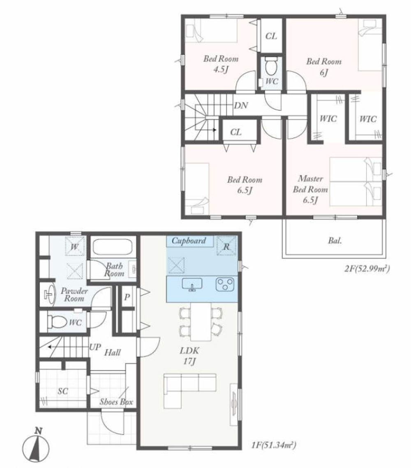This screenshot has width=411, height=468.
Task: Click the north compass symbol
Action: (36, 444)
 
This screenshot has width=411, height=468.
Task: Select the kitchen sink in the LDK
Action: (192, 284)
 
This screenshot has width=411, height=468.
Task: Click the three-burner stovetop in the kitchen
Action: (225, 284)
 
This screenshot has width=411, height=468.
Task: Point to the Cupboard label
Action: (189, 241)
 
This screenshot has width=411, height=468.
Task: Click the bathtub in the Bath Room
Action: (113, 248)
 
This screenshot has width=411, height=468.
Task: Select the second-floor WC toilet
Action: (271, 67)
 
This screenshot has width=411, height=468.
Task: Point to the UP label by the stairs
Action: (95, 347)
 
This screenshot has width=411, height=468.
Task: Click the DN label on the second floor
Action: (241, 106)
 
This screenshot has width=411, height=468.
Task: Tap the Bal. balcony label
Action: (335, 241)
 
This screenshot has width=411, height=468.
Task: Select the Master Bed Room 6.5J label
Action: (310, 189)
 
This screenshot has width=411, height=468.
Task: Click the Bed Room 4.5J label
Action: (221, 64)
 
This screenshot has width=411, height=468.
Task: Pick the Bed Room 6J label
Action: (324, 67)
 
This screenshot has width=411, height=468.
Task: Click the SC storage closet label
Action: (63, 391)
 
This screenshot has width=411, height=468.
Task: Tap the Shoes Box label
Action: (116, 402)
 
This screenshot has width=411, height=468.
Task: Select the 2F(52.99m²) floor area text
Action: (367, 269)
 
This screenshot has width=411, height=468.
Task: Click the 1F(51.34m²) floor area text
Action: (273, 445)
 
